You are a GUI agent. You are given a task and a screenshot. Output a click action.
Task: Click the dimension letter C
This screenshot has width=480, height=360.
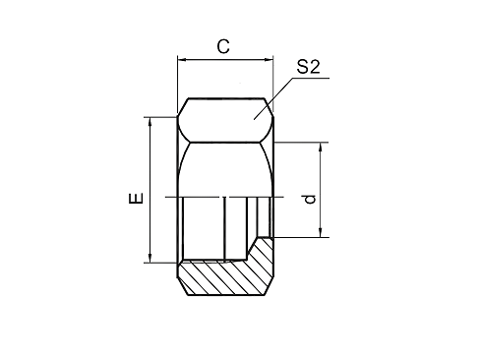point(223,46)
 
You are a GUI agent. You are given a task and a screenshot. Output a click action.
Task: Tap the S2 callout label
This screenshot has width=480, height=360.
point(308,67)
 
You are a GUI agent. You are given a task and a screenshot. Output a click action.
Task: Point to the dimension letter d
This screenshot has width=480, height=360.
point(310,199)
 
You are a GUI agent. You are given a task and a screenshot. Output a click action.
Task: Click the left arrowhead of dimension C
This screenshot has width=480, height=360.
point(182,60)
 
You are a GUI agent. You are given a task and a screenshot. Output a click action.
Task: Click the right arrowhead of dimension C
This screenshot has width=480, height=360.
point(269,60)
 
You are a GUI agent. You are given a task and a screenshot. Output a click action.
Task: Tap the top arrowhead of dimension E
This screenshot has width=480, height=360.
point(150,121)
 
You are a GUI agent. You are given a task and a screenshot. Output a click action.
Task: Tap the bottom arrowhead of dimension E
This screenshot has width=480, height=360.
point(150,258)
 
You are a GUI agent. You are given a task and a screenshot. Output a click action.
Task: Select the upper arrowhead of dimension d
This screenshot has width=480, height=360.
point(321,147)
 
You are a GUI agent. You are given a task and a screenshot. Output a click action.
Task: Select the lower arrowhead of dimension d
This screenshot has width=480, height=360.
point(321,233)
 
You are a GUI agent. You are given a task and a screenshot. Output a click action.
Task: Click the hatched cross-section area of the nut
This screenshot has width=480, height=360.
point(226,277)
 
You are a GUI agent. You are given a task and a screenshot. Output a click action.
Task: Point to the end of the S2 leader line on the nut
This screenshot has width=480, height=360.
point(254,119)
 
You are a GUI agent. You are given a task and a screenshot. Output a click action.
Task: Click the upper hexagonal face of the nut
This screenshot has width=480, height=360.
point(225,120)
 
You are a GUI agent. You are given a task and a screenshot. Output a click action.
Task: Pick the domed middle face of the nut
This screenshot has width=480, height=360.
point(225,169)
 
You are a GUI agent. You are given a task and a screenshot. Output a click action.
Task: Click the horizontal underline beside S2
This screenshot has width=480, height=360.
point(311,78)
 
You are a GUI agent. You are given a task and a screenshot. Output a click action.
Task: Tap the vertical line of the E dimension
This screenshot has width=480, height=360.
point(150,190)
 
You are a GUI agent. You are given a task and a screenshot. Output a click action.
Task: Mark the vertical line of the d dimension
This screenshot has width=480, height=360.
point(321,190)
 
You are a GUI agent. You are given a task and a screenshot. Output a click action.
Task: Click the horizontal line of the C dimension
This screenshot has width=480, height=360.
point(225,60)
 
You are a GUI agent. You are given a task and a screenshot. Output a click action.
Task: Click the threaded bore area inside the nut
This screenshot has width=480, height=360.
point(214,228)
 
